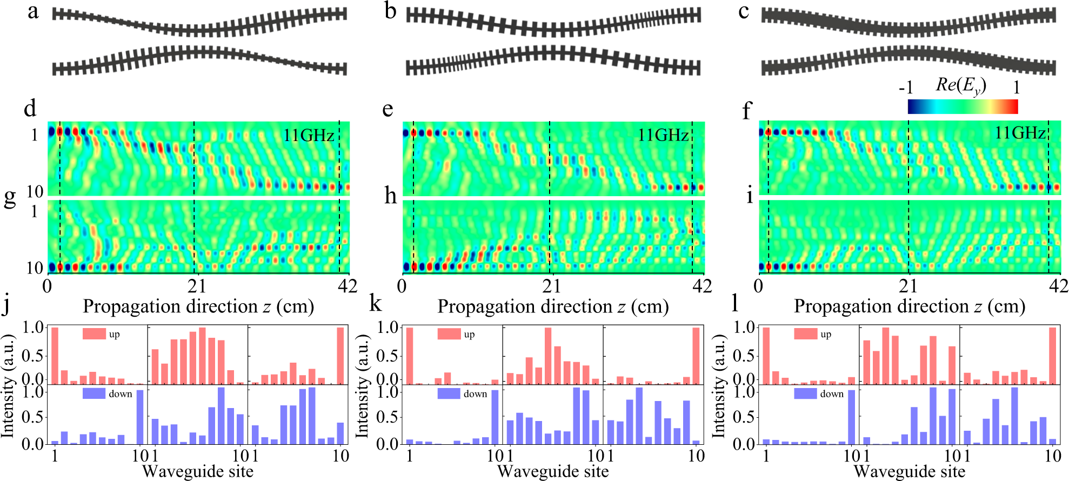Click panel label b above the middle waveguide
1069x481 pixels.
[390, 11]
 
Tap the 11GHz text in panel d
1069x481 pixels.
[309, 135]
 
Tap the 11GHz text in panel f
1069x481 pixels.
[1020, 133]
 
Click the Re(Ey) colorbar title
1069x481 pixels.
[961, 85]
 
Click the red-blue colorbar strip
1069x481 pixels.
[963, 106]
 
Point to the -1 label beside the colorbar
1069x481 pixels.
[906, 88]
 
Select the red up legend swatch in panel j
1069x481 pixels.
[94, 334]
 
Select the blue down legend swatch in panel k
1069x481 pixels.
[449, 393]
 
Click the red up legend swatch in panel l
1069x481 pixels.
[805, 334]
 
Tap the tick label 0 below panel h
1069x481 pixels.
[402, 286]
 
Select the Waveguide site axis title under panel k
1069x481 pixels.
[552, 471]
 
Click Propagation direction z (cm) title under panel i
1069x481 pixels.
[909, 307]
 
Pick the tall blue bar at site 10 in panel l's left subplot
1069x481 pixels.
[852, 417]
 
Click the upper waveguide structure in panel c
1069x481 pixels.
[908, 23]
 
